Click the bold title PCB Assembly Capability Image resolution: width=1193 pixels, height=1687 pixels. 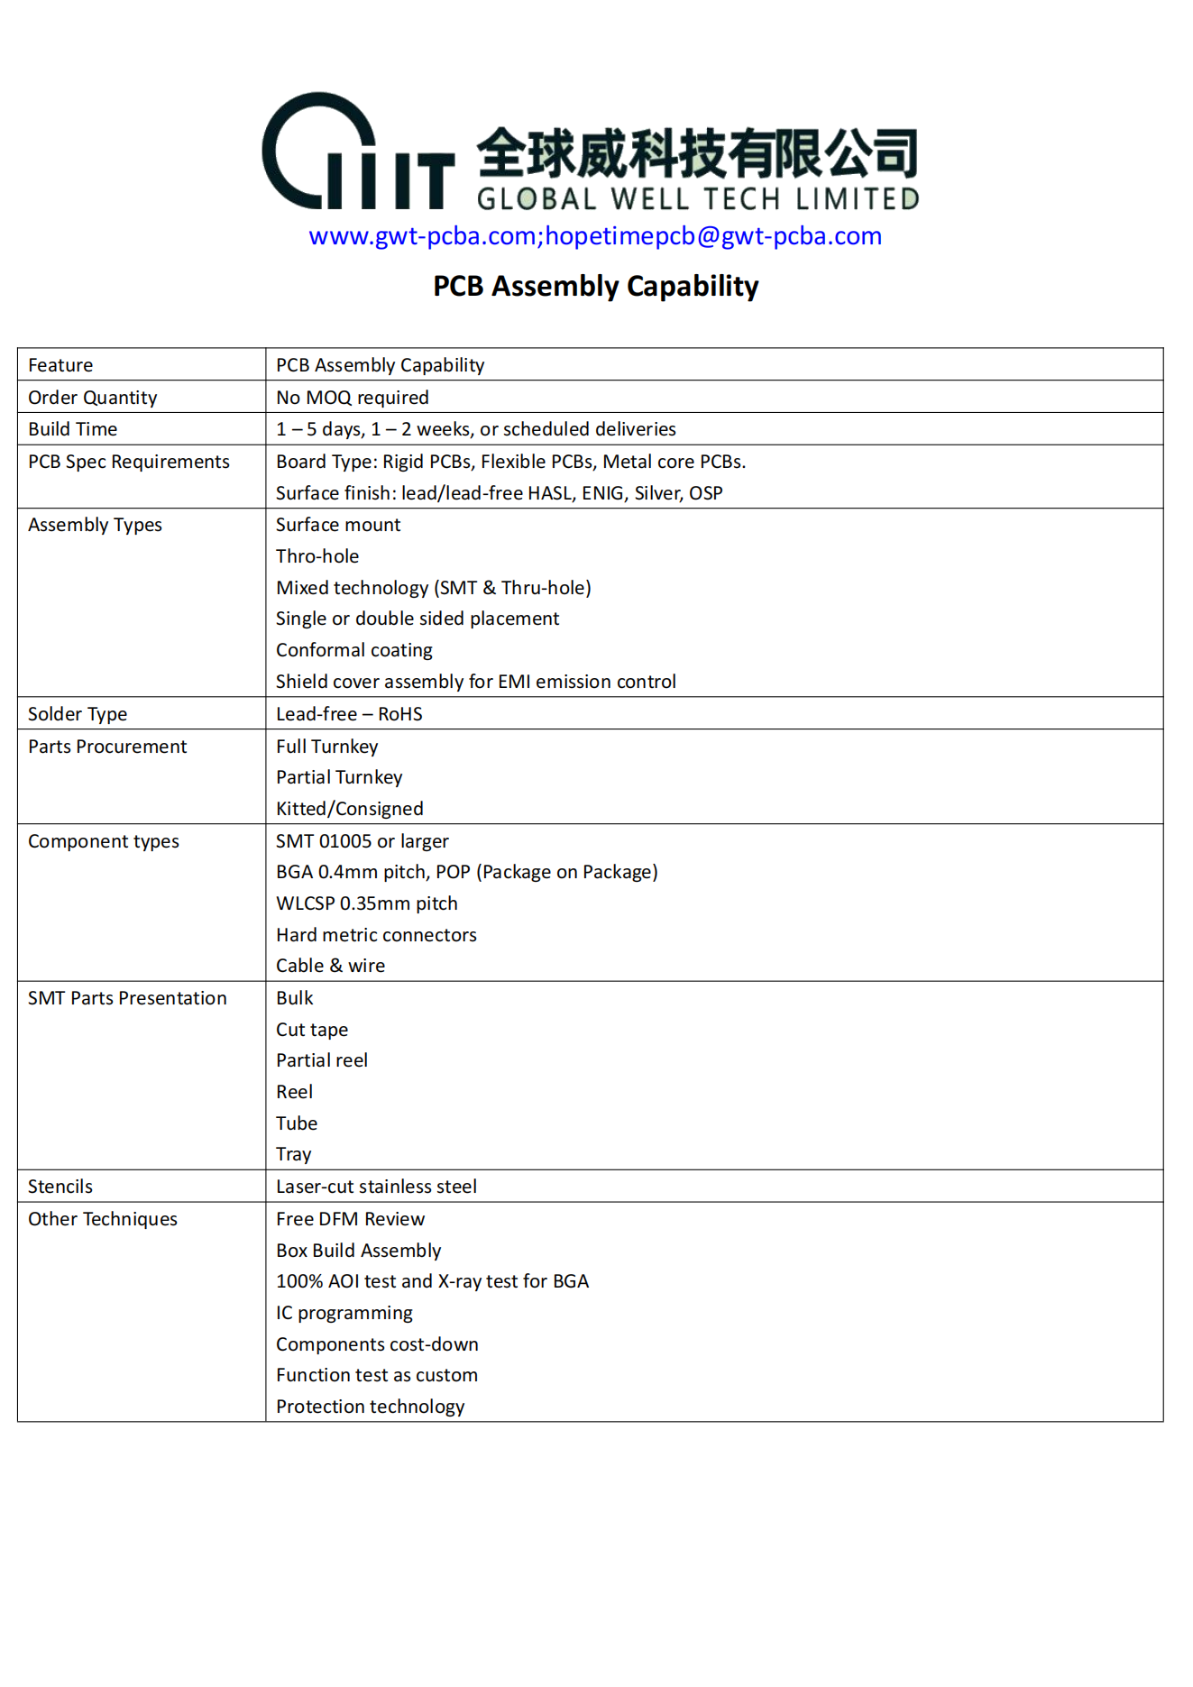click(595, 287)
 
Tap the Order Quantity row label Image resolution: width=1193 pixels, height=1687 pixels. click(93, 398)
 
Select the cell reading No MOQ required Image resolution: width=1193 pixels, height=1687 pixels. click(353, 398)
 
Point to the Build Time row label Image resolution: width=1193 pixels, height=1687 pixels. click(73, 429)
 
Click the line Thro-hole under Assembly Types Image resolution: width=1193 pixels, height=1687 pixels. click(317, 556)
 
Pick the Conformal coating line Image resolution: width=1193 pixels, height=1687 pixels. click(354, 650)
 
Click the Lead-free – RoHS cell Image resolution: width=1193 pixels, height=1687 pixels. click(349, 714)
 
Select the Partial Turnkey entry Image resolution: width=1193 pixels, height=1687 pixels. click(339, 777)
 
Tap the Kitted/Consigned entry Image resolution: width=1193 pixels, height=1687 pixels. click(350, 809)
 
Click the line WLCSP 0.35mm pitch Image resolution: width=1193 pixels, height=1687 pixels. click(367, 903)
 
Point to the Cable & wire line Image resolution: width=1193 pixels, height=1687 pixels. click(330, 966)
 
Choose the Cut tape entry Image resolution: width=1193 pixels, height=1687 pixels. click(312, 1030)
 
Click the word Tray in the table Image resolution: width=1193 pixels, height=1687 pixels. click(294, 1154)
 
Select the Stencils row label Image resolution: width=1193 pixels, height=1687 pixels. click(60, 1187)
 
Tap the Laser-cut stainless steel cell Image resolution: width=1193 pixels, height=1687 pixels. click(376, 1187)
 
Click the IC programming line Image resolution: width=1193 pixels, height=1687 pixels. click(344, 1313)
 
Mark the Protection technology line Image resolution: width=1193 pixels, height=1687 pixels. click(371, 1407)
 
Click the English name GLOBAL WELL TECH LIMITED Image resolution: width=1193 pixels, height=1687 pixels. click(697, 199)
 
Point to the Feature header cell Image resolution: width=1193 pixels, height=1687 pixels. click(60, 365)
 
